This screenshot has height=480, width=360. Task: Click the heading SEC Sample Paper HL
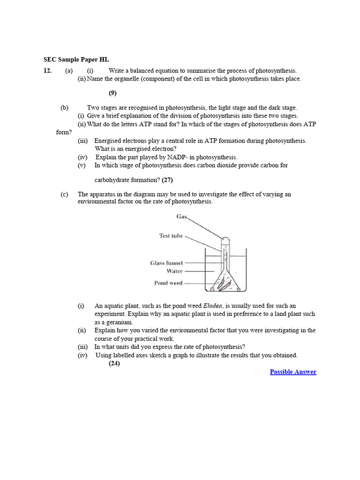pos(76,60)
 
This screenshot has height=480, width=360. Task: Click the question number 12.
pos(47,70)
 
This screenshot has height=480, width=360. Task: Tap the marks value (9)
pos(112,93)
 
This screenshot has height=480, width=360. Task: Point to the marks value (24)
pos(114,363)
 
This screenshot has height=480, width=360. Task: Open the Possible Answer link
pos(293,372)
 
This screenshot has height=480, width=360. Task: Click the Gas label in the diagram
pos(182,216)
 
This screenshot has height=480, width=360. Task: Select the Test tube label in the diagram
pos(171,236)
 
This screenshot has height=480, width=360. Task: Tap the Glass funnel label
pos(166,263)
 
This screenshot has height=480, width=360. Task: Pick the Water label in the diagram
pos(174,271)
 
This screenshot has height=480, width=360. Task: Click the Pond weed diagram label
pos(168,283)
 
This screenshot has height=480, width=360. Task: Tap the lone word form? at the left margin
pos(64,132)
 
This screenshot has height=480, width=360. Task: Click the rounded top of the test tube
pos(225,240)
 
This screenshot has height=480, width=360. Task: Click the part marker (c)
pos(64,194)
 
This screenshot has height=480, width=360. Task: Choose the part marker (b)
pos(64,107)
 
